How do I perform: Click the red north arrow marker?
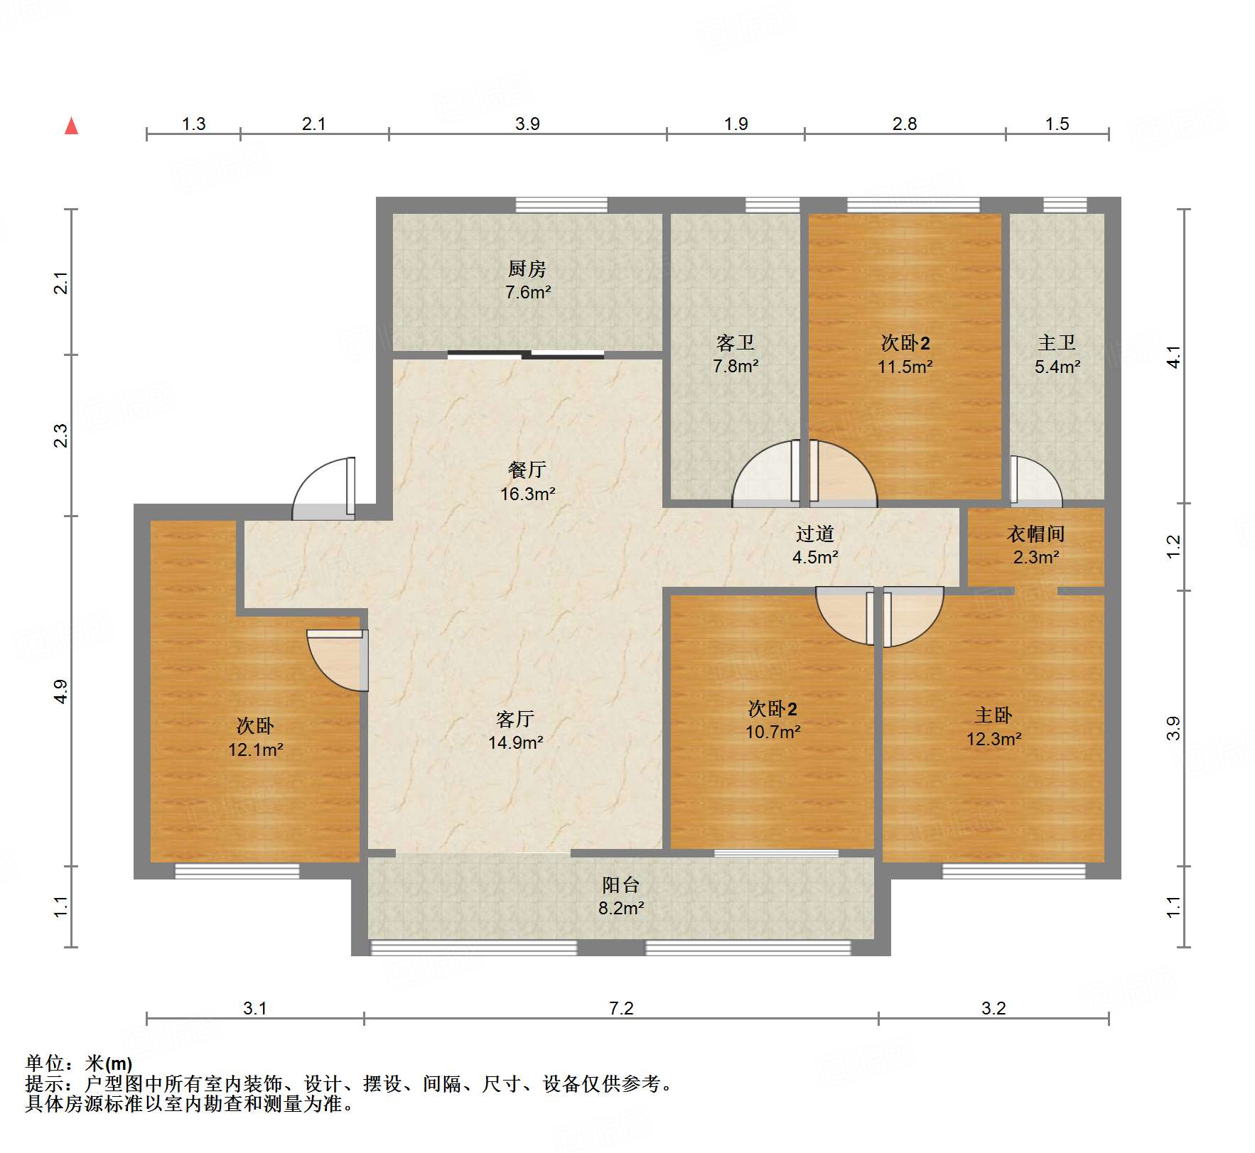[x=71, y=126]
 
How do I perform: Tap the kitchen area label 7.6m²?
[x=528, y=292]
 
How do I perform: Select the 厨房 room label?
[x=527, y=269]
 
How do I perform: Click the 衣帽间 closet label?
[x=1035, y=534]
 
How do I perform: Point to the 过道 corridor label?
[x=814, y=534]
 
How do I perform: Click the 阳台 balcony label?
[x=620, y=884]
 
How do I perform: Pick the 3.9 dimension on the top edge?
[x=527, y=124]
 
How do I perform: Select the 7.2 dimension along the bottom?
[x=620, y=1008]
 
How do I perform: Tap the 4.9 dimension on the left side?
[x=61, y=691]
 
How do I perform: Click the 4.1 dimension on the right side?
[x=1173, y=357]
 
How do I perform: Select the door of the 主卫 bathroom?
[x=1034, y=482]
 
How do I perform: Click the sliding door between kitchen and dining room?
[x=526, y=354]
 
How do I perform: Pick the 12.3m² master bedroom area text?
[x=993, y=739]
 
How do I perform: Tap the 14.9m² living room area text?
[x=515, y=742]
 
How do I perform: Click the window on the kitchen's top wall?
[x=561, y=205]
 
